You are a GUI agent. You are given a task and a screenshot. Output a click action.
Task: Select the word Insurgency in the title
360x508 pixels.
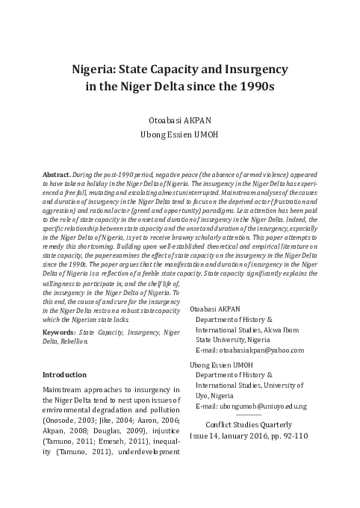(x=252, y=72)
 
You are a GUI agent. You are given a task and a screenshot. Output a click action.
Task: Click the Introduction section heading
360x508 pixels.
(x=65, y=374)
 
